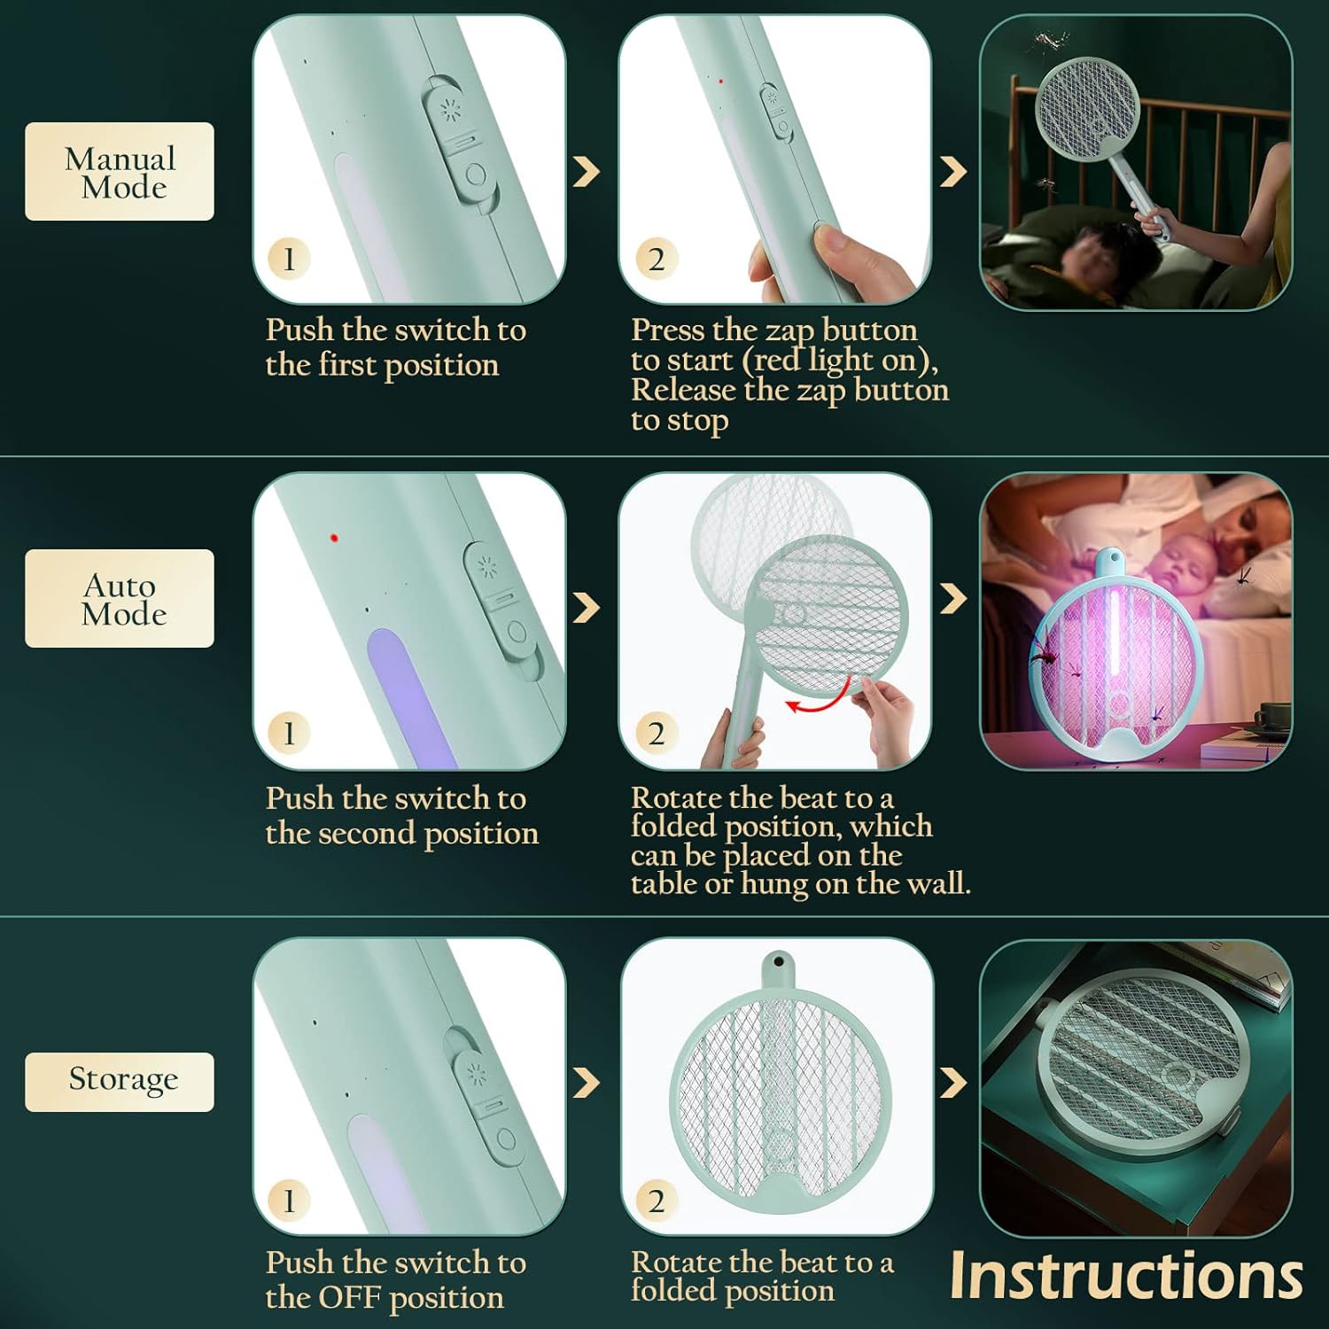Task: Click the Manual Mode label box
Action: (x=120, y=171)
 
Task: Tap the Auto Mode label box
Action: (x=120, y=598)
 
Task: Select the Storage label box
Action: (x=120, y=1082)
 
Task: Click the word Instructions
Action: (x=1125, y=1276)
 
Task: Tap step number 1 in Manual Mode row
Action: (x=289, y=259)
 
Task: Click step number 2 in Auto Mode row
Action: (x=656, y=733)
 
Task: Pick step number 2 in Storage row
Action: (x=656, y=1201)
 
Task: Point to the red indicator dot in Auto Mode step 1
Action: (x=334, y=538)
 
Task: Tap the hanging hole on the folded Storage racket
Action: (x=778, y=961)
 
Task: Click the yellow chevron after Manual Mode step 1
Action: (x=587, y=171)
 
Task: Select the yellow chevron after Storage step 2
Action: (x=952, y=1082)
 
